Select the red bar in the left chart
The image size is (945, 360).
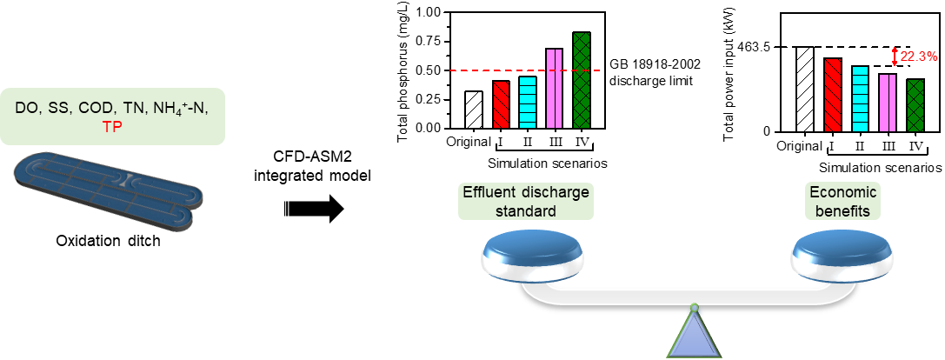point(501,104)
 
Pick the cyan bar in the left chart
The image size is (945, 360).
point(528,103)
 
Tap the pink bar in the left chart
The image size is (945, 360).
point(555,89)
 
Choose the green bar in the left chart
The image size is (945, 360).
point(582,80)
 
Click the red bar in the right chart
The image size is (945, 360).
point(833,95)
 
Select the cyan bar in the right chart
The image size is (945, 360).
point(860,98)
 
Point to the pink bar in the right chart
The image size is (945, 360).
point(888,103)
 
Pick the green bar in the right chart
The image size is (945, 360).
point(915,105)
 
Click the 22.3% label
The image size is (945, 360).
point(919,57)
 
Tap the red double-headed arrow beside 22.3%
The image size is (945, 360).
point(894,57)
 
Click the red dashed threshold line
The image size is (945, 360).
point(469,70)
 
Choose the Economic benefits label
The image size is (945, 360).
point(842,200)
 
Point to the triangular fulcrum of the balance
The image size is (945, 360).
point(694,335)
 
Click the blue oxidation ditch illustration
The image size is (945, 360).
point(109,186)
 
